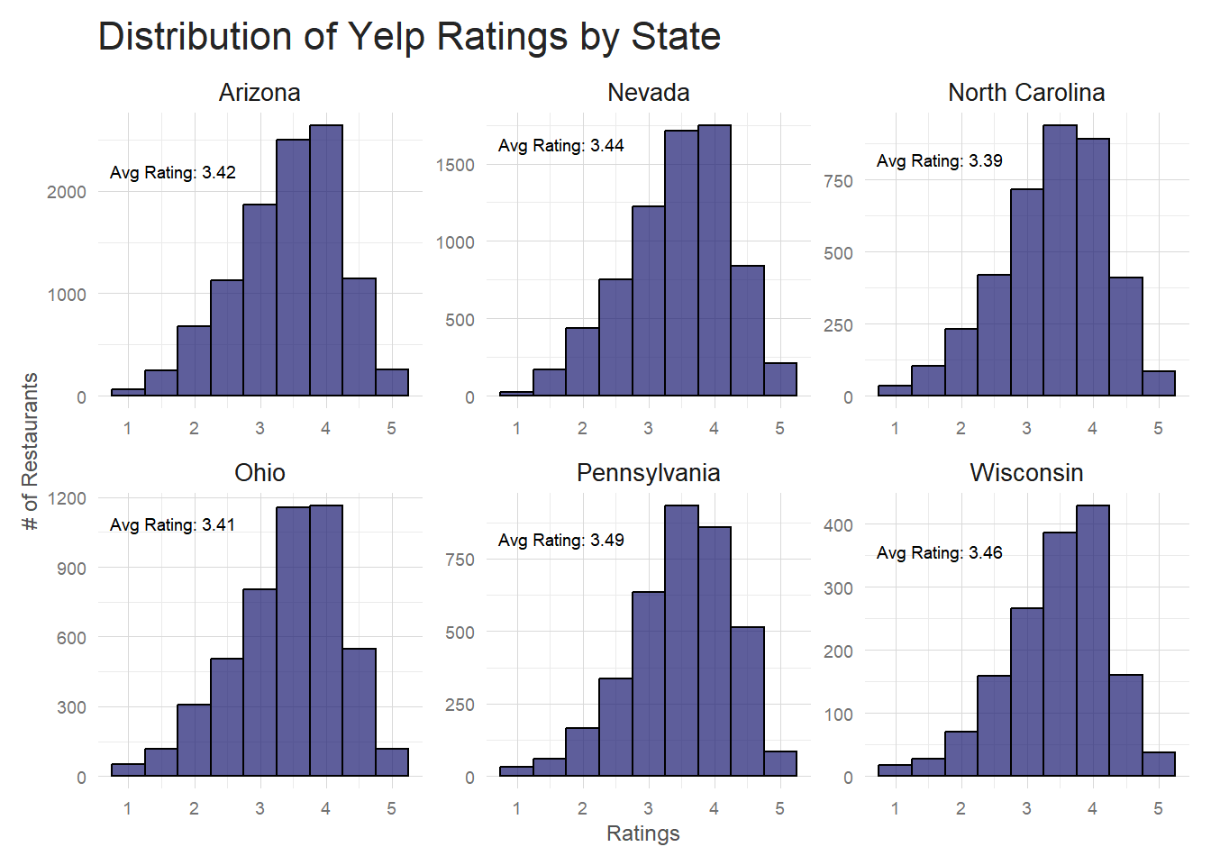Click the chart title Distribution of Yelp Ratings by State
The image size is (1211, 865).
click(409, 38)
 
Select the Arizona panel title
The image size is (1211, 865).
click(259, 93)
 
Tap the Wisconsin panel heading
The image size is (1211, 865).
click(1026, 473)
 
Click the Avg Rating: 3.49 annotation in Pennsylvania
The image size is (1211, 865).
click(560, 541)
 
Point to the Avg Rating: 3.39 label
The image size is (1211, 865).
click(939, 161)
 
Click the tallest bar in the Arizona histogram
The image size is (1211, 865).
click(326, 261)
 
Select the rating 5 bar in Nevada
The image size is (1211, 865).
click(780, 379)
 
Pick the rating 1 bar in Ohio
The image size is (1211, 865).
click(128, 769)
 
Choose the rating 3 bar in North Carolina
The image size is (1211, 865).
click(1027, 293)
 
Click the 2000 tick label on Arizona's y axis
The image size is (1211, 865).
click(67, 192)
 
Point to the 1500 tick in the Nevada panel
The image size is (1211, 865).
click(455, 165)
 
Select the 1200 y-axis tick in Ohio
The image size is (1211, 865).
click(67, 498)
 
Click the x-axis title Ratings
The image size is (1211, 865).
click(642, 833)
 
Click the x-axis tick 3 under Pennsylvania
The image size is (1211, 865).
click(648, 809)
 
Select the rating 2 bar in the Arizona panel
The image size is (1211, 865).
click(194, 361)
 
